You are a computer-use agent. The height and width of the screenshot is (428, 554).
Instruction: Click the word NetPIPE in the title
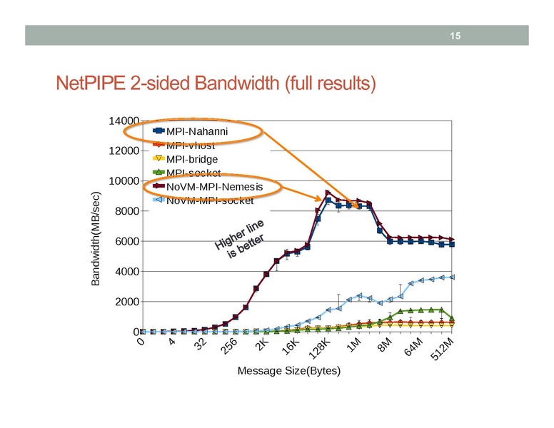point(91,85)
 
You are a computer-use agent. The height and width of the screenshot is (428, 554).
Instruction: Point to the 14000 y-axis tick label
point(124,121)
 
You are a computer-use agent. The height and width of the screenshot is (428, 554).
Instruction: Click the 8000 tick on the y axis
point(126,211)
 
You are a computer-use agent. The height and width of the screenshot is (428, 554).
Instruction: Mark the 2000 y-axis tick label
point(126,302)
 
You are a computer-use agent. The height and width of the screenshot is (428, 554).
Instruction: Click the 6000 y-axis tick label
point(126,242)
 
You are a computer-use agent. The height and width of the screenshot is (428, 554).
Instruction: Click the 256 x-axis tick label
point(228,347)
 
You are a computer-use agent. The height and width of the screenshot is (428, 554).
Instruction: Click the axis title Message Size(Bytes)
point(288,371)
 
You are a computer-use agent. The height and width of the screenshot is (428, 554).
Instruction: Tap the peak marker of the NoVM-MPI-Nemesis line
point(328,193)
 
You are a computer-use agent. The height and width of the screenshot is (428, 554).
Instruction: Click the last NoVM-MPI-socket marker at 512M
point(452,277)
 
